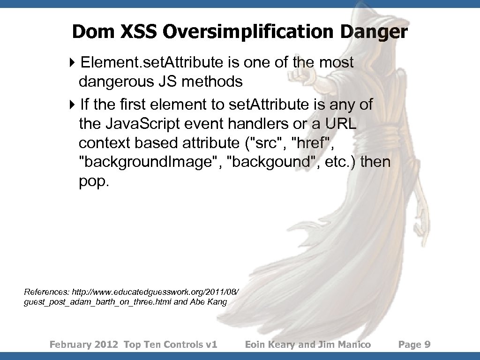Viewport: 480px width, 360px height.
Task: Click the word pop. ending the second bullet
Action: pyautogui.click(x=94, y=182)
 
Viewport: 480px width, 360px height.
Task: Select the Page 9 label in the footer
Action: pyautogui.click(x=414, y=345)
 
